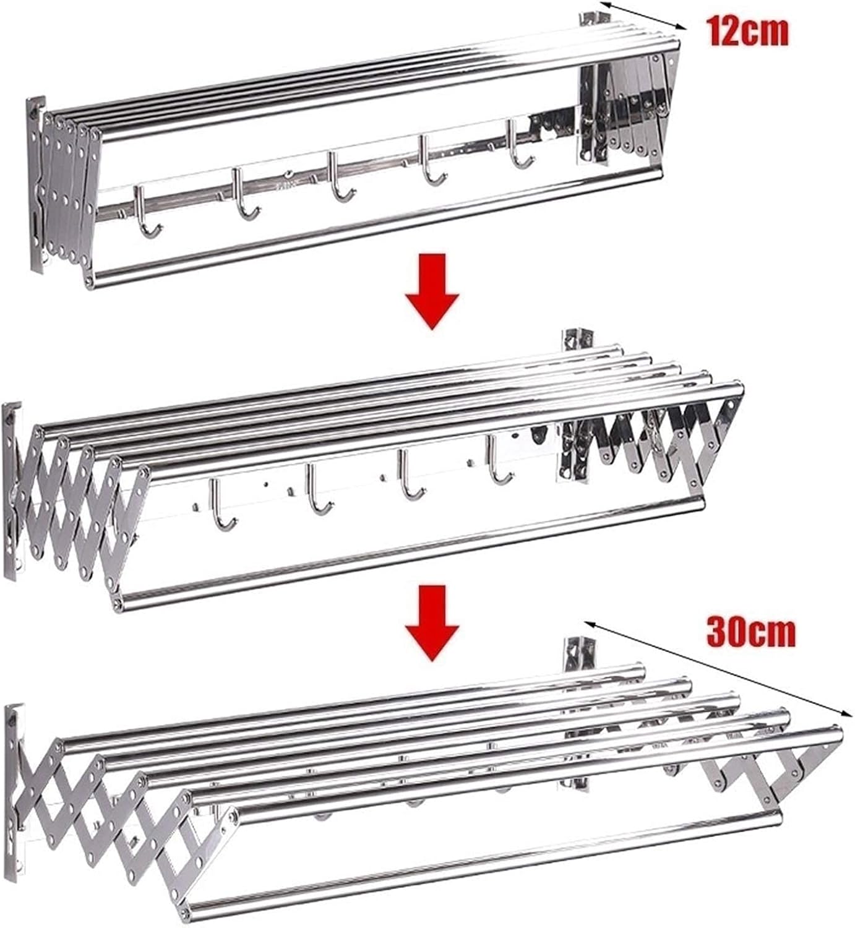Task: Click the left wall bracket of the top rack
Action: click(35, 186)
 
